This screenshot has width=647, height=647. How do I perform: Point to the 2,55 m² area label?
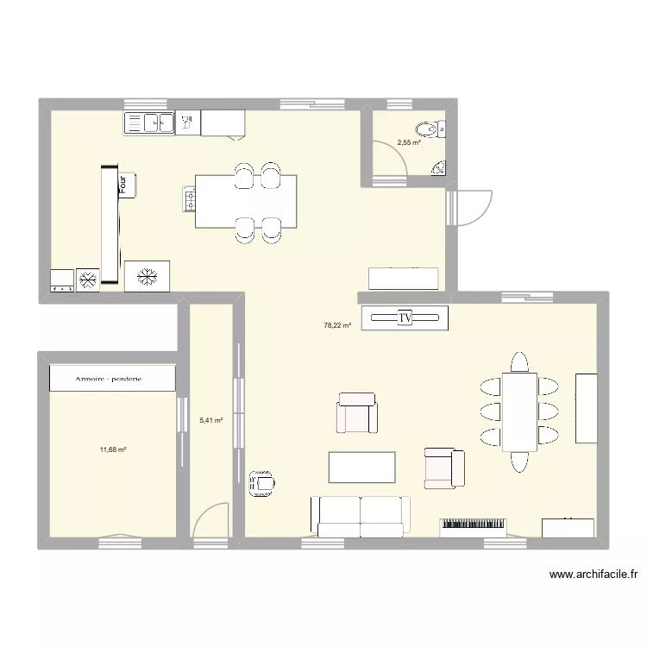(408, 143)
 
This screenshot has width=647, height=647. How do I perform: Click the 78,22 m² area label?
(337, 326)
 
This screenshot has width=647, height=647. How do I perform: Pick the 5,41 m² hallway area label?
(210, 421)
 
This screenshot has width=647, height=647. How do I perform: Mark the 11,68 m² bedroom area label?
(113, 449)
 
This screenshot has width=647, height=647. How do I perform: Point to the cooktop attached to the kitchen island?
(188, 201)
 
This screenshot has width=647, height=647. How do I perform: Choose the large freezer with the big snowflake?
(148, 277)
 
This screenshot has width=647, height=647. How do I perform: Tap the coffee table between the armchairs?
(361, 467)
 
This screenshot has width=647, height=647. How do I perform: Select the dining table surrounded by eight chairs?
(520, 411)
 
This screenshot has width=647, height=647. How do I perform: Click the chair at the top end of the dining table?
(518, 361)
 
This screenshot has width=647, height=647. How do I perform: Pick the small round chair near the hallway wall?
(261, 484)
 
